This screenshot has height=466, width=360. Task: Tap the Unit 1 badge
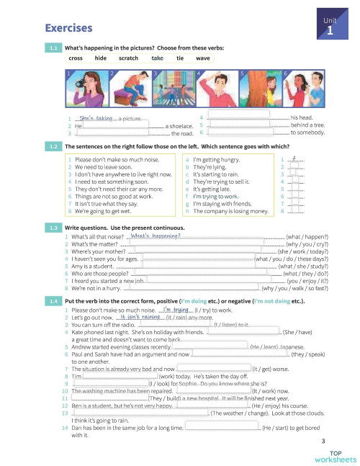pos(328,28)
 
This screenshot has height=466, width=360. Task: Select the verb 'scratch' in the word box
pos(128,58)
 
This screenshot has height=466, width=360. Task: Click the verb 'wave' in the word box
pos(202,58)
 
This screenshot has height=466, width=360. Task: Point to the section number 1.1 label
pos(53,48)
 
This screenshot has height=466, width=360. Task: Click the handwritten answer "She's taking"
pos(96,117)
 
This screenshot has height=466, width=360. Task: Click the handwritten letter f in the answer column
pos(294,159)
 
